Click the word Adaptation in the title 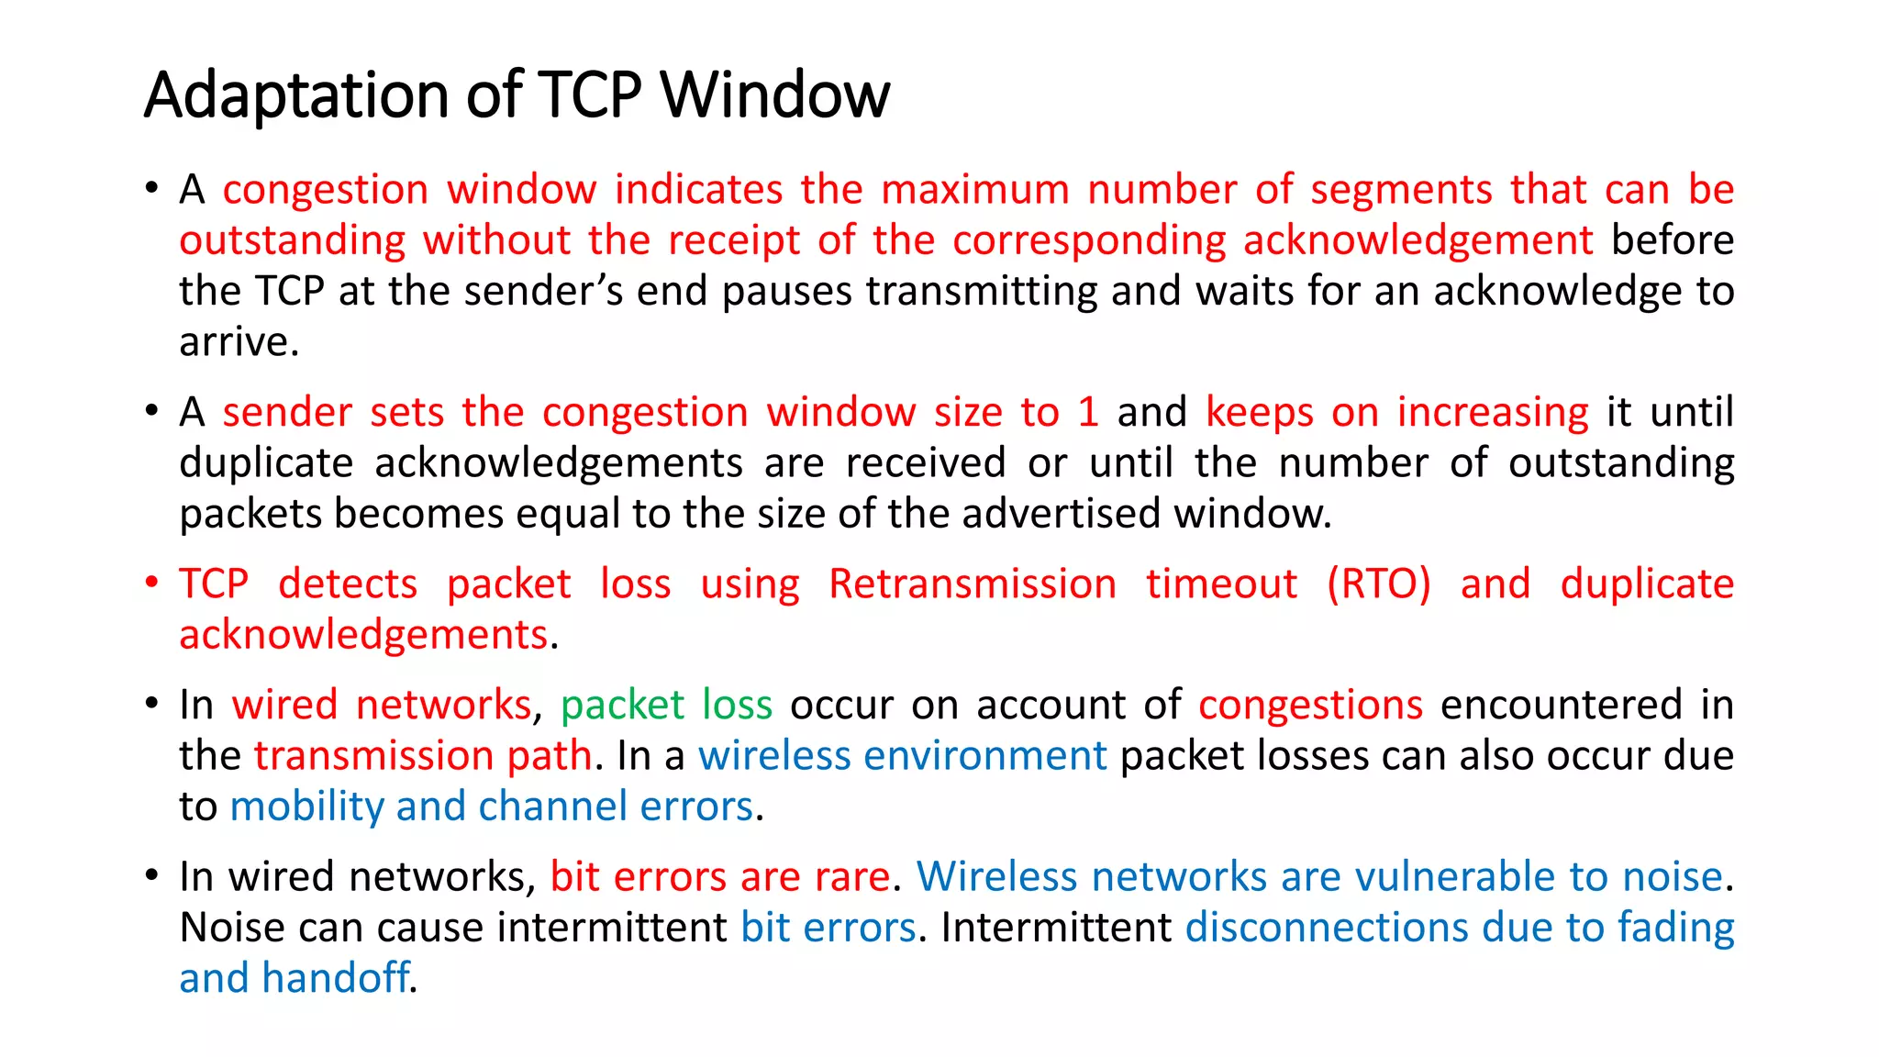pyautogui.click(x=297, y=95)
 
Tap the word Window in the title pyautogui.click(x=775, y=95)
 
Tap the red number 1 pyautogui.click(x=1088, y=412)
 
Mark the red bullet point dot pyautogui.click(x=152, y=582)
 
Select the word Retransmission pyautogui.click(x=973, y=584)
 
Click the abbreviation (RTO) pyautogui.click(x=1378, y=584)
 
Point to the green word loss pyautogui.click(x=737, y=705)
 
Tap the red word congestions pyautogui.click(x=1310, y=705)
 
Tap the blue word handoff pyautogui.click(x=335, y=978)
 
